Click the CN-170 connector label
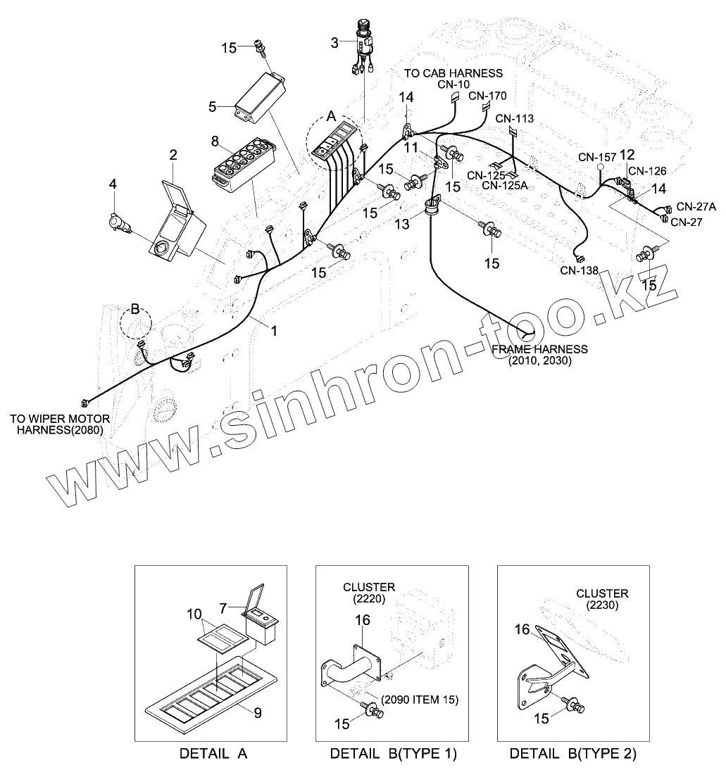(487, 96)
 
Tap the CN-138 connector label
(580, 270)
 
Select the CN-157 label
(597, 156)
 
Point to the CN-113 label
(514, 119)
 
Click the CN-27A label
(696, 206)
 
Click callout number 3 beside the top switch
(334, 43)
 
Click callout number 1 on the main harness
(274, 329)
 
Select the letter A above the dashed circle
(330, 117)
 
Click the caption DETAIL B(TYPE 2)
(572, 754)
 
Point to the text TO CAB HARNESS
(453, 73)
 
